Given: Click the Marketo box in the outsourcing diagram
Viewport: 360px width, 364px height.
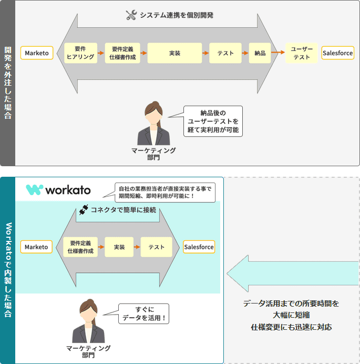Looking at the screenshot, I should click(x=37, y=53).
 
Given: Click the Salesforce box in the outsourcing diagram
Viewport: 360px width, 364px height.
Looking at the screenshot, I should click(x=337, y=53).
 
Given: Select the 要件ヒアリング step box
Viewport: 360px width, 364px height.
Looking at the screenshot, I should click(x=80, y=53).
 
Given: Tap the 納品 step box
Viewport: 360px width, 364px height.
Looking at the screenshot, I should click(x=260, y=53).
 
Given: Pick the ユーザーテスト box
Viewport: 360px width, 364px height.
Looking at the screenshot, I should click(x=302, y=53).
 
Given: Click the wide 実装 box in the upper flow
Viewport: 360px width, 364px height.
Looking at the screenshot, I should click(x=175, y=53).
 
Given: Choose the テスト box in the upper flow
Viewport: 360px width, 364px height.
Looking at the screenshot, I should click(x=225, y=53).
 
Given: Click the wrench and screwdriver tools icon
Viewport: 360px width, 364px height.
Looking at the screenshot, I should click(x=131, y=15).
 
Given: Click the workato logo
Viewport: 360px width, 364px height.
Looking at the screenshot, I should click(x=58, y=190).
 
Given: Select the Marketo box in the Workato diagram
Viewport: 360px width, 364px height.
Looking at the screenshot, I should click(x=36, y=247).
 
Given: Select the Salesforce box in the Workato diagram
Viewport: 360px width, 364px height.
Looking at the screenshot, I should click(x=199, y=247).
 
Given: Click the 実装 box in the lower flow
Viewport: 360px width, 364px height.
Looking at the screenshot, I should click(x=119, y=247).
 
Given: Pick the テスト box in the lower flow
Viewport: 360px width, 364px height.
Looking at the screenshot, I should click(x=156, y=247).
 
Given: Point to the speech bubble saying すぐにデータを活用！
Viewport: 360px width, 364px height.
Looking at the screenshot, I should click(x=143, y=314).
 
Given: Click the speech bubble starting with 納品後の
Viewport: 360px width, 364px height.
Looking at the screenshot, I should click(x=213, y=122).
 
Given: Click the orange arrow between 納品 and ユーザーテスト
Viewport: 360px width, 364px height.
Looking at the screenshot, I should click(x=278, y=53).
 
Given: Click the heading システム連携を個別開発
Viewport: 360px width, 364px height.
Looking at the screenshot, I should click(x=176, y=15).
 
